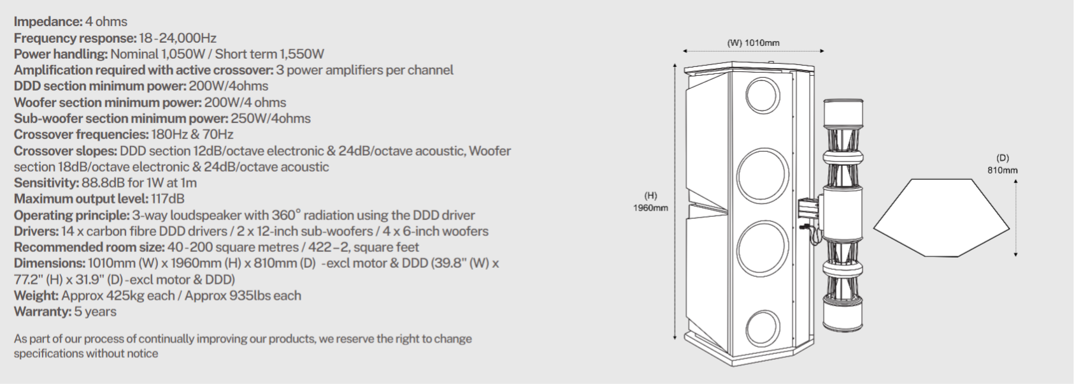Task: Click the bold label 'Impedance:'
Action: [x=48, y=22]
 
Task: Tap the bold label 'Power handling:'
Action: [x=61, y=54]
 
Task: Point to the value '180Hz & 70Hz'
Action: [x=192, y=135]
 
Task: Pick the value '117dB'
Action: [x=168, y=199]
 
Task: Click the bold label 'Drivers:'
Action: [x=36, y=231]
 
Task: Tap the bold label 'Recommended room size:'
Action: [x=89, y=247]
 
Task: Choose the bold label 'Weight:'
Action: [x=36, y=295]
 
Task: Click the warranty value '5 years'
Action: [x=96, y=311]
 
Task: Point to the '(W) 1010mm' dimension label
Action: [x=753, y=43]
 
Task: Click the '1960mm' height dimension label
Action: [x=650, y=208]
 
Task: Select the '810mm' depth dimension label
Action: [x=1003, y=170]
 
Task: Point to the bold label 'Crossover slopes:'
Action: [x=64, y=151]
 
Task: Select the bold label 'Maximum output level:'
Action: [x=80, y=199]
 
